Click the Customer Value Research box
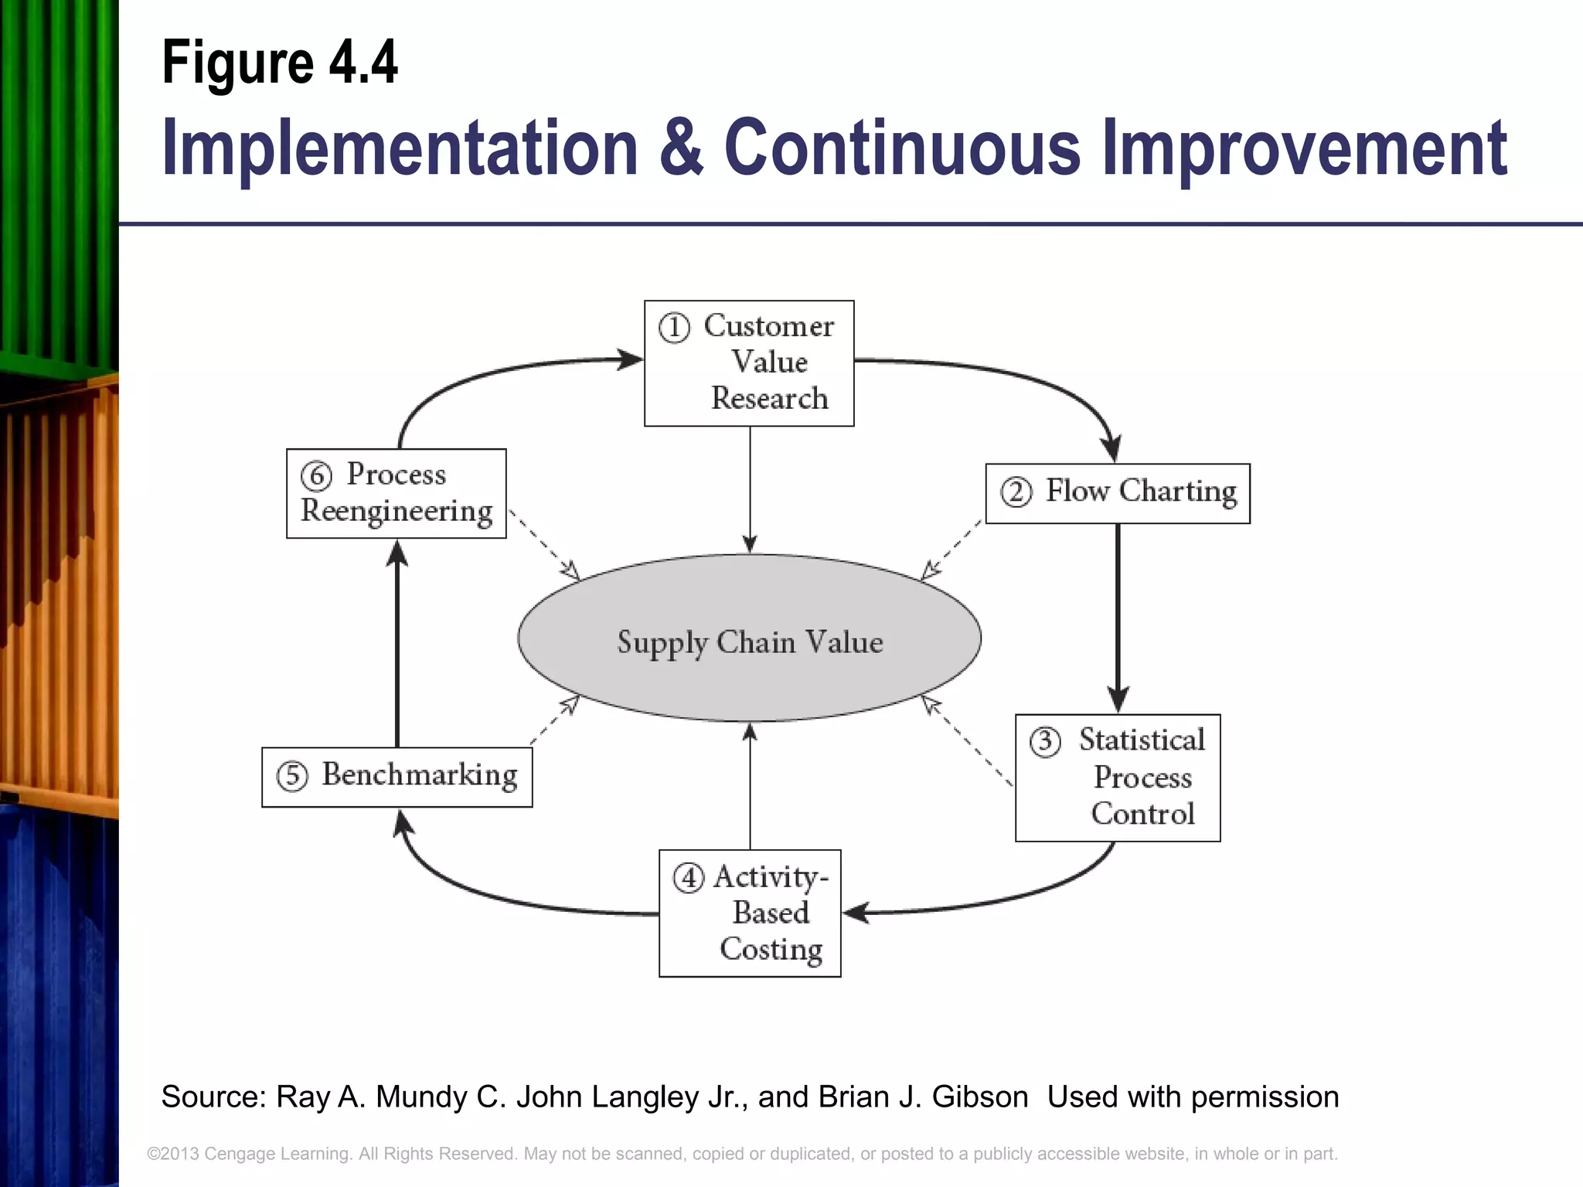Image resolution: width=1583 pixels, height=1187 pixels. tap(749, 363)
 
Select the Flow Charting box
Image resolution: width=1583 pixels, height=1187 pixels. tap(1118, 493)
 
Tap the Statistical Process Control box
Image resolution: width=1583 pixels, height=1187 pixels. tap(1118, 777)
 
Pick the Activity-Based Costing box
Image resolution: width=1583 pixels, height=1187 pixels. tap(750, 913)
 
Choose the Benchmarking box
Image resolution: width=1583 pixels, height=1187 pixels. tap(397, 777)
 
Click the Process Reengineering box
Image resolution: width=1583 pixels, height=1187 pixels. tap(397, 493)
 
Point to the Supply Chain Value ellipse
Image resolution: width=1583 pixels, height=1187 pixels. tap(749, 638)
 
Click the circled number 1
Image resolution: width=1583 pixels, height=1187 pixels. tap(674, 328)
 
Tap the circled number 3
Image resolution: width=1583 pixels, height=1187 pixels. tap(1045, 742)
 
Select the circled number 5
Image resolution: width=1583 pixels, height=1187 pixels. tap(292, 776)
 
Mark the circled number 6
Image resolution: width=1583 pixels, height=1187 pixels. tap(316, 475)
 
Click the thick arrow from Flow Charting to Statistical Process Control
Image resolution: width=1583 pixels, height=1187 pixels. tap(1118, 618)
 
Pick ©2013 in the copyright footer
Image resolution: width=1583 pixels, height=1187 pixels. tap(173, 1154)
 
